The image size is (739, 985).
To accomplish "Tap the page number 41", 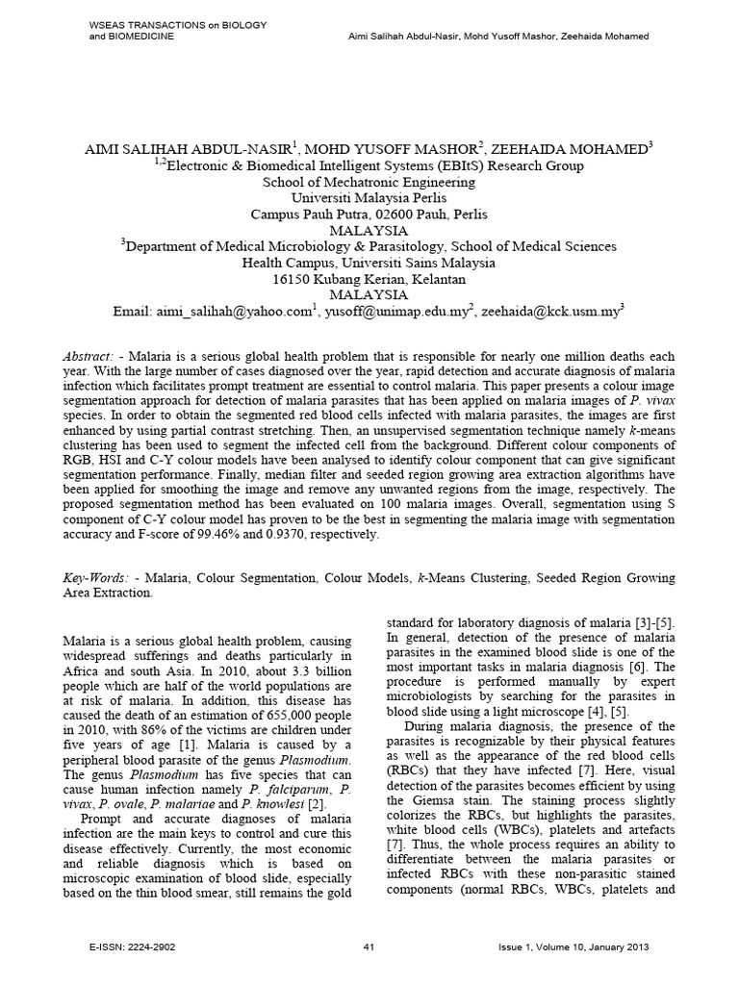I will (x=369, y=947).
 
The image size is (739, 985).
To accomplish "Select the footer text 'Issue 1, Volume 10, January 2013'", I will (x=575, y=947).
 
